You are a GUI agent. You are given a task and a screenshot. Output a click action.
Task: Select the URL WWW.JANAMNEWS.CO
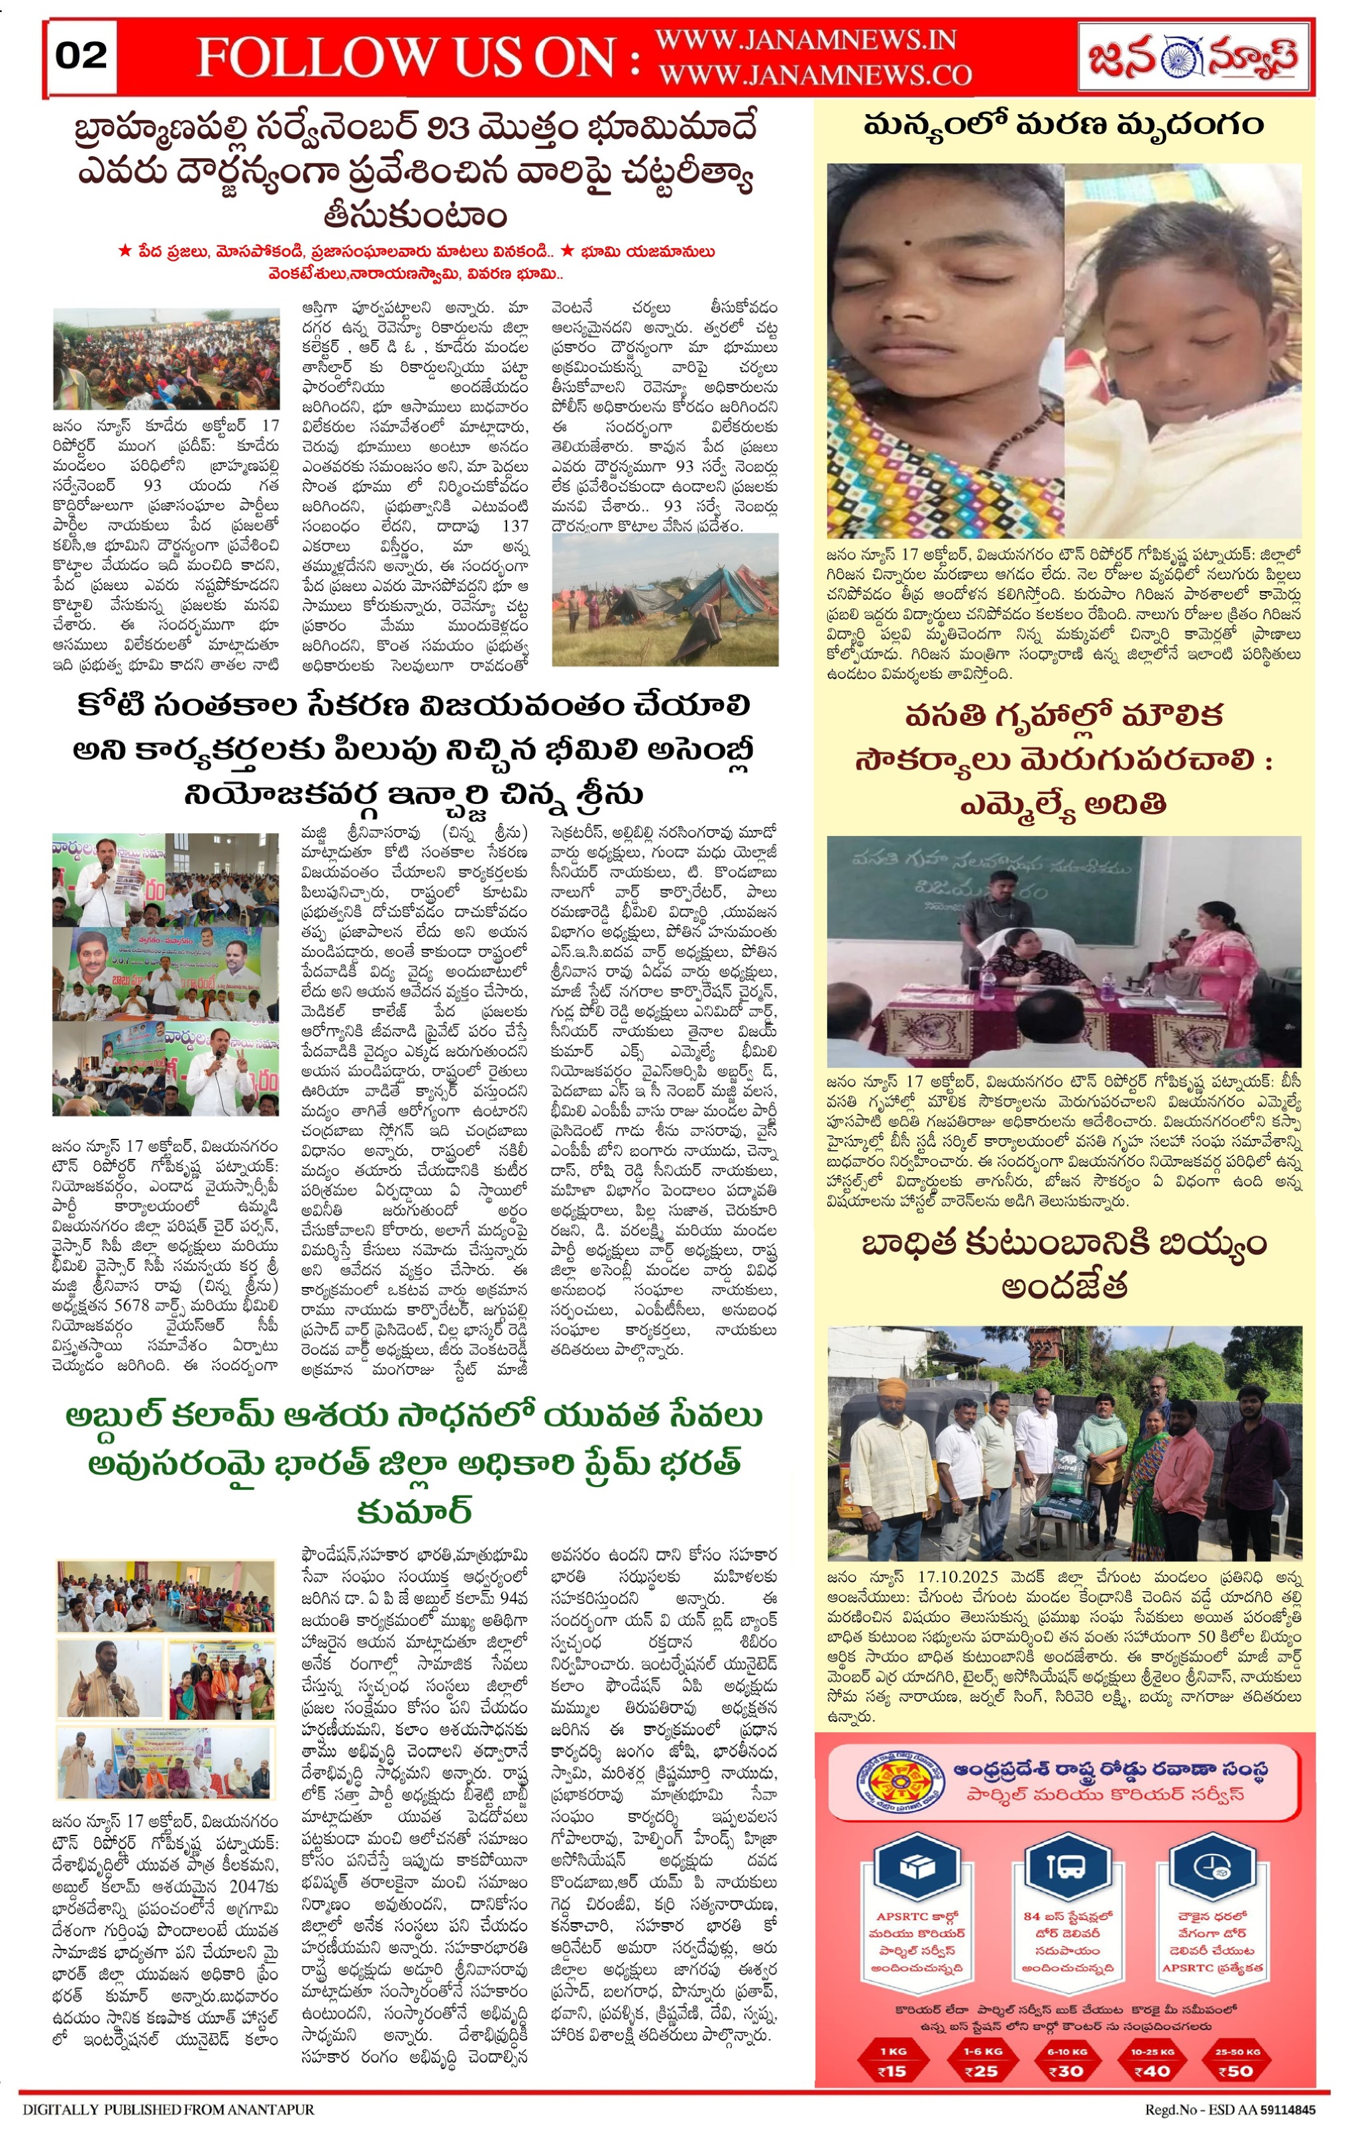tap(815, 75)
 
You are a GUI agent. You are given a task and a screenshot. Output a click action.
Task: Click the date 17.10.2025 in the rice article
tap(958, 1577)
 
